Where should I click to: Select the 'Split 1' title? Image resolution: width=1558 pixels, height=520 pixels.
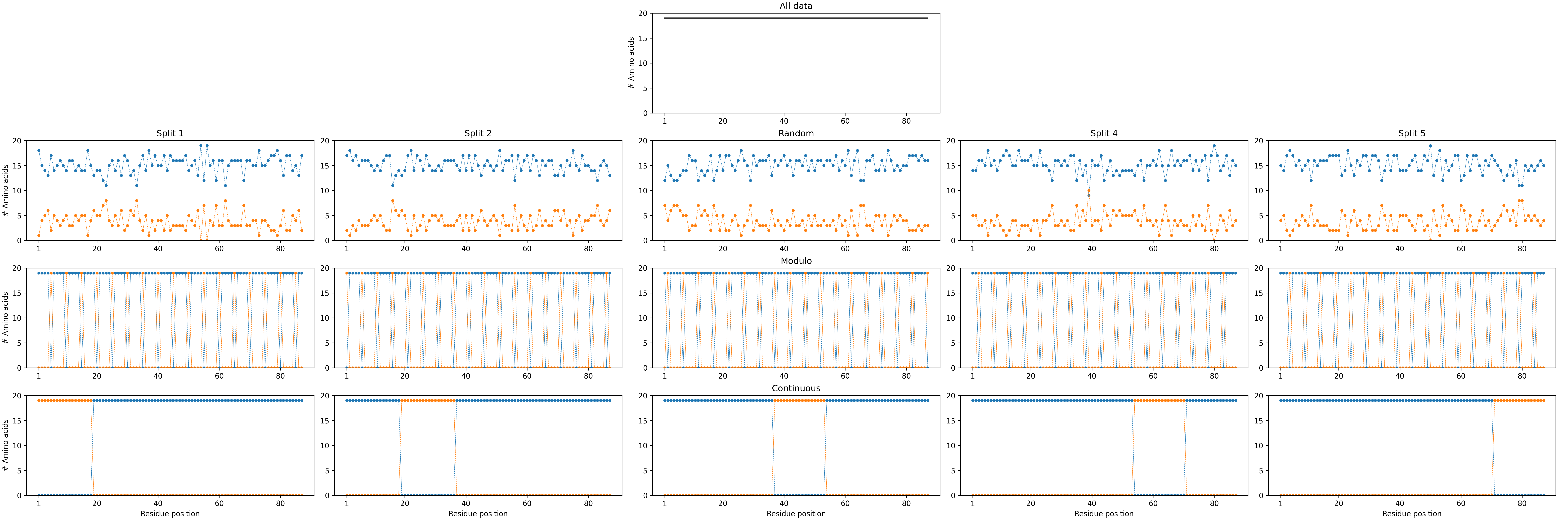[170, 133]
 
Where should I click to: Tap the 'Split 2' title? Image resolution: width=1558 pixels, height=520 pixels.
[478, 133]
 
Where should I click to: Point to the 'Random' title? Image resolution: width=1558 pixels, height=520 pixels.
[796, 133]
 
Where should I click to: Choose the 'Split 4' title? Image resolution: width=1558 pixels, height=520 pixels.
[1104, 133]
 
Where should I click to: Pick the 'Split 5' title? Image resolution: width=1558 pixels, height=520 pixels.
[1412, 133]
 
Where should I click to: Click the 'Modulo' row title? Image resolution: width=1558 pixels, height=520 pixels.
[796, 261]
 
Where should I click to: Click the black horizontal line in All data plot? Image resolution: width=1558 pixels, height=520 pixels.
[796, 18]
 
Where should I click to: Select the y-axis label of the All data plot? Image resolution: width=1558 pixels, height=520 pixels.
[632, 63]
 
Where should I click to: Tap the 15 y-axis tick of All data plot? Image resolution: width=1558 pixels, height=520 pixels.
[643, 38]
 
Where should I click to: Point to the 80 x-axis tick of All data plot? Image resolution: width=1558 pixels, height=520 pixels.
[906, 121]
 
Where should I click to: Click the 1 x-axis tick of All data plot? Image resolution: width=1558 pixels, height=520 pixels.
[665, 121]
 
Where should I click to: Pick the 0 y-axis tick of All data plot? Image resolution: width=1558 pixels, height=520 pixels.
[645, 113]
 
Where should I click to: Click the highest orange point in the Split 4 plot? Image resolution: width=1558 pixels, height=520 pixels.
[1089, 191]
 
